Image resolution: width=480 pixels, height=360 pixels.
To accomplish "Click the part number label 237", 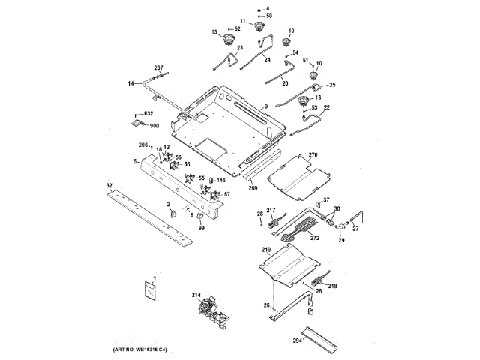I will [158, 68].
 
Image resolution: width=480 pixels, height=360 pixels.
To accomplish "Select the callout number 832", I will [148, 113].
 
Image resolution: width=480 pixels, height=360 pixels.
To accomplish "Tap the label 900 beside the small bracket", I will [154, 126].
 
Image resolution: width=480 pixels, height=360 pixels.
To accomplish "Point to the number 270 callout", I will [313, 155].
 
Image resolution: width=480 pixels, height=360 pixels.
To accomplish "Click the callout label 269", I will [253, 188].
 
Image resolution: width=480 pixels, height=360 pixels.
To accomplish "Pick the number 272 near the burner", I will [315, 238].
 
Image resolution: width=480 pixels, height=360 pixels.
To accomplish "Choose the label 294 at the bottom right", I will [298, 340].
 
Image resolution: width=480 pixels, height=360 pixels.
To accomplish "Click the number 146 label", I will [220, 181].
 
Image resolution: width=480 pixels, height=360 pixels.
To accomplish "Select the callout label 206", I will [143, 145].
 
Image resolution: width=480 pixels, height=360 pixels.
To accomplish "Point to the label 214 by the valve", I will [196, 295].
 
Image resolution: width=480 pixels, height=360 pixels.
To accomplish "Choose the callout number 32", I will [109, 184].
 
